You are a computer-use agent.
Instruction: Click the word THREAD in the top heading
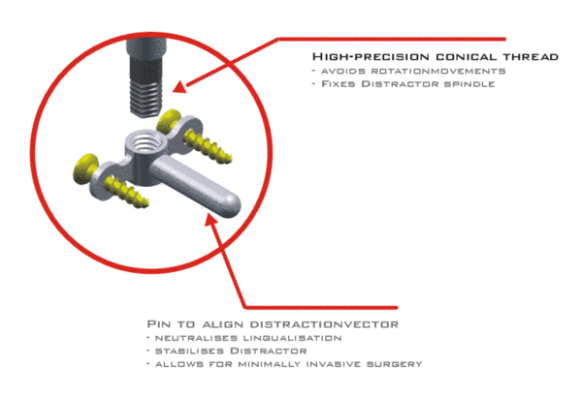pos(531,57)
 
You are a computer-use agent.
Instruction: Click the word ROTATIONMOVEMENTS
pos(438,71)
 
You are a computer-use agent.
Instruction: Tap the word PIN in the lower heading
pos(158,324)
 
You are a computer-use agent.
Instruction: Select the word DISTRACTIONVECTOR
pos(324,324)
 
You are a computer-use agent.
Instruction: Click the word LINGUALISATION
pos(293,338)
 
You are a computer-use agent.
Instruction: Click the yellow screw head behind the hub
pos(168,121)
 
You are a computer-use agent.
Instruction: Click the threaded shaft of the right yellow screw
pos(209,148)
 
